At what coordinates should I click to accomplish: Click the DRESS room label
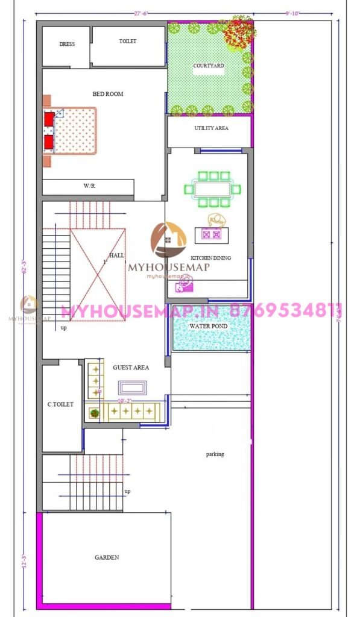[x=67, y=45]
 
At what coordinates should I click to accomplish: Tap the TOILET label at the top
[x=128, y=42]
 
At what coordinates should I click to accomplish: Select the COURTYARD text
[x=209, y=66]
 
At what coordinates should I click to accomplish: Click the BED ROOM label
[x=108, y=94]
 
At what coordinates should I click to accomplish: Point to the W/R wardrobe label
[x=89, y=187]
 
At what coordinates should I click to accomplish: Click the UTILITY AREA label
[x=211, y=128]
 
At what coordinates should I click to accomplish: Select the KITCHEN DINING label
[x=211, y=258]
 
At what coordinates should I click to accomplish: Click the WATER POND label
[x=208, y=327]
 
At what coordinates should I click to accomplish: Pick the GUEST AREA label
[x=131, y=367]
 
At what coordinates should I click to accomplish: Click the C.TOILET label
[x=61, y=404]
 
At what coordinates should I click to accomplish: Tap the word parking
[x=215, y=454]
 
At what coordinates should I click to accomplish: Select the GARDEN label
[x=107, y=558]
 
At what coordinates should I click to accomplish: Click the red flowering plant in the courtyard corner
[x=239, y=34]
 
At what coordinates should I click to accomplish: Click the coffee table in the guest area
[x=132, y=387]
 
